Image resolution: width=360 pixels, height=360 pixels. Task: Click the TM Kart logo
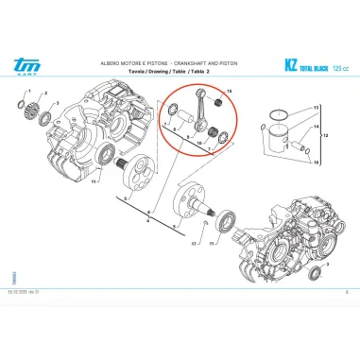tap(31, 62)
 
